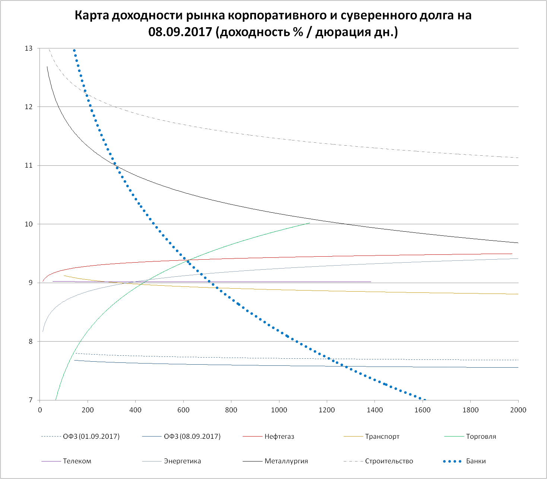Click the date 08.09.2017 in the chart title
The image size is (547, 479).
(180, 32)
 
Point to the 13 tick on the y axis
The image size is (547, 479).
(29, 48)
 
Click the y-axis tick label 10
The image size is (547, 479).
(29, 224)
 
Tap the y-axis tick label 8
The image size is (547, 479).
(31, 342)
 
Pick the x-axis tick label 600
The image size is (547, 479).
(183, 410)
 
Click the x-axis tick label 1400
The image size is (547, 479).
(374, 410)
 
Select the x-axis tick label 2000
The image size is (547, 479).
(518, 410)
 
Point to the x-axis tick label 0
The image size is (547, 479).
(40, 410)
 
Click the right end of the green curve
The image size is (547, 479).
(309, 223)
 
